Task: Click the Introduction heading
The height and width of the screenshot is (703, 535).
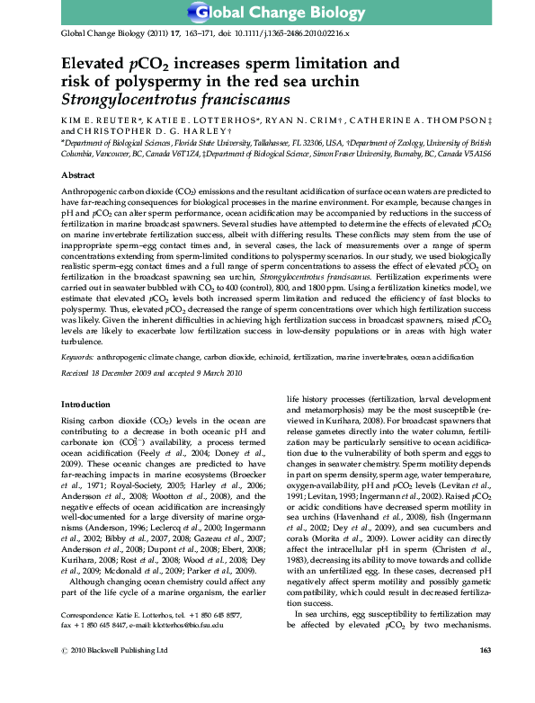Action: [87, 405]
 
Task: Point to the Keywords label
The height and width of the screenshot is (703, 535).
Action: [79, 356]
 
